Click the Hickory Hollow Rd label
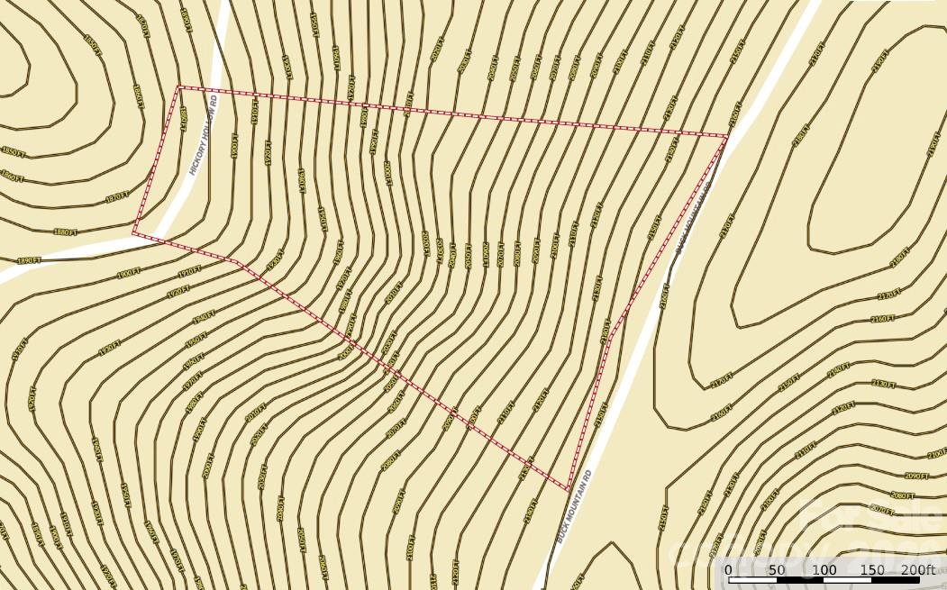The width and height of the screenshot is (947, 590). coord(205,141)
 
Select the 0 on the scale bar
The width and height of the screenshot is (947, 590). coord(728,570)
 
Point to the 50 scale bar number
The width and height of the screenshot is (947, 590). coord(776,570)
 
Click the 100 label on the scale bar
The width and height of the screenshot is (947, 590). coord(824,570)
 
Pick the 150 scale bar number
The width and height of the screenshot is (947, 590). coord(872,570)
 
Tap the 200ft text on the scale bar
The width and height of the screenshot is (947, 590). coord(918,570)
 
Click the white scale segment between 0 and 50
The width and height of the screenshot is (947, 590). coord(751,580)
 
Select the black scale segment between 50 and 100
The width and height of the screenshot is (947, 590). coord(800,580)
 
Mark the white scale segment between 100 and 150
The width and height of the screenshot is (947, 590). coord(848,580)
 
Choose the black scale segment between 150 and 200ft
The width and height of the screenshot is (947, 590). coord(897,580)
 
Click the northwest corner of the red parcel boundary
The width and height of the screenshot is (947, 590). coord(179,87)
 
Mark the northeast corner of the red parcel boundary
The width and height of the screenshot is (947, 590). coord(727,137)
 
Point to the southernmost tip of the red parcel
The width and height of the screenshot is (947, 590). coord(569,490)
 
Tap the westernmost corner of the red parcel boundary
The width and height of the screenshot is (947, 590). coord(133,232)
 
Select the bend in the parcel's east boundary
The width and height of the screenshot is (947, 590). coord(610,338)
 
